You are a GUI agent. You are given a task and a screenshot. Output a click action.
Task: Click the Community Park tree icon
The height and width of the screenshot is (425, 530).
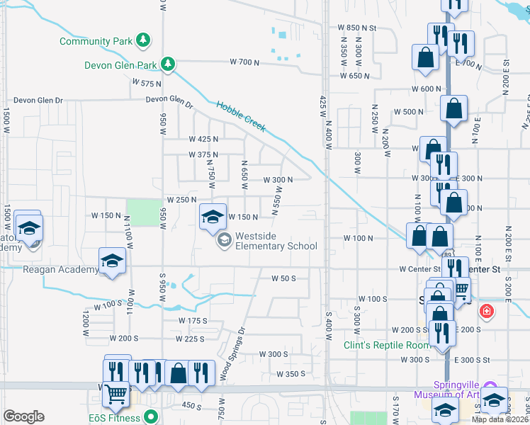pos(144,40)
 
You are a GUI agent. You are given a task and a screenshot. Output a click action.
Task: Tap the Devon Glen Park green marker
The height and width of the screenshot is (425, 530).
pos(168,65)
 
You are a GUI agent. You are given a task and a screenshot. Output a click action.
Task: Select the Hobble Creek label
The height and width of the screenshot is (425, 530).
pos(241,115)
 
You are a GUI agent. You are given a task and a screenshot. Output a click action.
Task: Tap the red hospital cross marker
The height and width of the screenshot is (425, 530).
pos(486,310)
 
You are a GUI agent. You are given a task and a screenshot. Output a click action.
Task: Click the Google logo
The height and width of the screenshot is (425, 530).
pos(23,416)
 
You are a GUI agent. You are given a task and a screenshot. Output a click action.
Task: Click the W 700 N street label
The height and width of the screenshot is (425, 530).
pos(245,62)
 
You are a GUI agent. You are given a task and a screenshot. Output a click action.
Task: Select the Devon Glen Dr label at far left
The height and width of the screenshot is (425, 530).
pos(35,101)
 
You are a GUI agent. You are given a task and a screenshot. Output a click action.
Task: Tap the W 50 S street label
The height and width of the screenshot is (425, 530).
pos(283,278)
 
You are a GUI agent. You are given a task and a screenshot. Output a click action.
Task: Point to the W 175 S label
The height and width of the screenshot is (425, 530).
pos(193,321)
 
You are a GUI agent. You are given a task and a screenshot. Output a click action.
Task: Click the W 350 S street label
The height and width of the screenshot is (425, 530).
pos(290,374)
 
